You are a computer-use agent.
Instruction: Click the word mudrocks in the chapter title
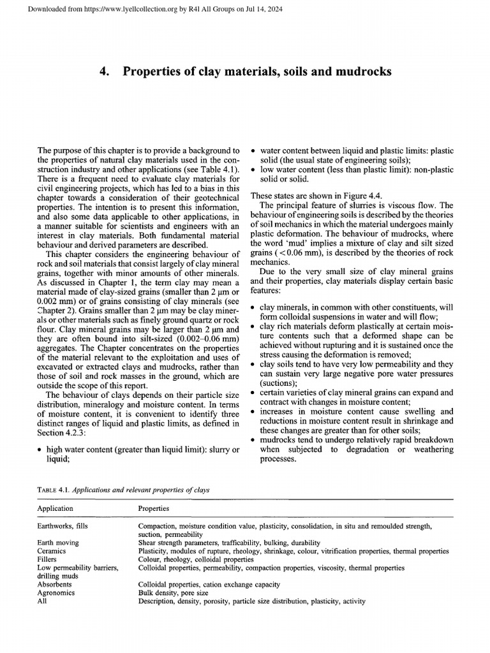pyautogui.click(x=359, y=72)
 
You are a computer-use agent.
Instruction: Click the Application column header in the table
pyautogui.click(x=56, y=508)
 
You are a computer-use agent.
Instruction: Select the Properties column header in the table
pyautogui.click(x=154, y=508)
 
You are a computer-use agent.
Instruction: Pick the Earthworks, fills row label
pyautogui.click(x=66, y=526)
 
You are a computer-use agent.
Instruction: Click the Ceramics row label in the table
pyautogui.click(x=52, y=550)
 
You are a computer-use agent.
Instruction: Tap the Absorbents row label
pyautogui.click(x=54, y=583)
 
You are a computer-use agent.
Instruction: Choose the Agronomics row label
pyautogui.click(x=56, y=592)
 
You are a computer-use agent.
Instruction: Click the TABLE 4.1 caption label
pyautogui.click(x=53, y=490)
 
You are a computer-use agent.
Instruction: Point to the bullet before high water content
pyautogui.click(x=40, y=450)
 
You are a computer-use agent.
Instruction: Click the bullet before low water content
pyautogui.click(x=254, y=170)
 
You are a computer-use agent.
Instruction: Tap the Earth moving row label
pyautogui.click(x=58, y=542)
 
